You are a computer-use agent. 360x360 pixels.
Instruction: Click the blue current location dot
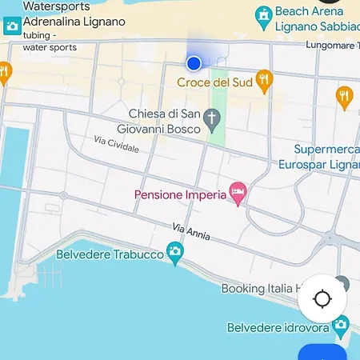pos(194,63)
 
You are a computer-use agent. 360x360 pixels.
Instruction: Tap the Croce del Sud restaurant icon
pos(265,79)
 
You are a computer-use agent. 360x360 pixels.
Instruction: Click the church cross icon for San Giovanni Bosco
pos(212,119)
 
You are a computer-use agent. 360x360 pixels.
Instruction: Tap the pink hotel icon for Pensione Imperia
pos(238,193)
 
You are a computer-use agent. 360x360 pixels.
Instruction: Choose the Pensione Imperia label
pos(180,194)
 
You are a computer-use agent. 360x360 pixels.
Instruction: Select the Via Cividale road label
pos(116,145)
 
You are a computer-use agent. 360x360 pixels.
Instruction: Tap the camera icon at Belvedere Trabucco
pos(174,254)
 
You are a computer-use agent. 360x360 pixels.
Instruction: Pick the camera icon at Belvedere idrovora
pos(342,326)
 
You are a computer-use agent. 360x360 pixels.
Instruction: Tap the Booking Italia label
pos(261,288)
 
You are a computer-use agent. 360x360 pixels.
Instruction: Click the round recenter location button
pos(322,299)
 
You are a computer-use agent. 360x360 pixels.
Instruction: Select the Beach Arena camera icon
pos(262,14)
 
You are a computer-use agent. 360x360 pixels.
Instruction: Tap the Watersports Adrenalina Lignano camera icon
pos(12,26)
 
